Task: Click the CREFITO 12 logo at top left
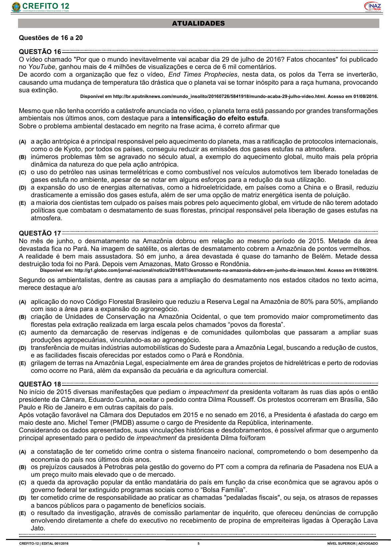click(40, 7)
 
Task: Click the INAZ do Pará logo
click(372, 7)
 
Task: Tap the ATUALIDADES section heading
click(199, 23)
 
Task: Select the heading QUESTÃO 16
click(40, 52)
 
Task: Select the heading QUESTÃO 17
click(40, 233)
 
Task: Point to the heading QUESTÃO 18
click(40, 384)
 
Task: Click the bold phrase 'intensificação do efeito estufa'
click(219, 118)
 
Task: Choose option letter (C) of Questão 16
click(22, 173)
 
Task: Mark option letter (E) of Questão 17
click(22, 363)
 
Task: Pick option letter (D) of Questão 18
click(22, 498)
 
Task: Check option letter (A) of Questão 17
click(22, 302)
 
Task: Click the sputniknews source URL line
click(229, 97)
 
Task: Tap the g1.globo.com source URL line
click(209, 270)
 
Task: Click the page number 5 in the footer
click(199, 544)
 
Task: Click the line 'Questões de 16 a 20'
click(51, 38)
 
